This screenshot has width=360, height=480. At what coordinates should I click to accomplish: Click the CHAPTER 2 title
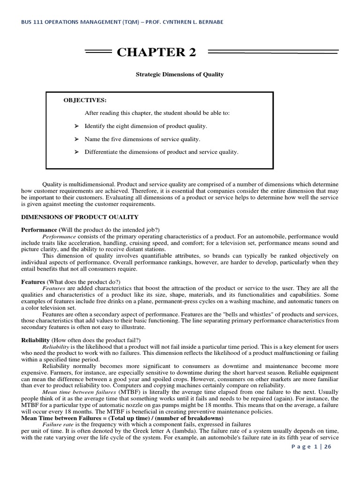click(x=157, y=52)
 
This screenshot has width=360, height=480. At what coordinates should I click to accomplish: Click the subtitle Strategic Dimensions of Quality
click(x=180, y=74)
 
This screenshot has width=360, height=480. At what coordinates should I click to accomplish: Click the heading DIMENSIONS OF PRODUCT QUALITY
click(x=80, y=217)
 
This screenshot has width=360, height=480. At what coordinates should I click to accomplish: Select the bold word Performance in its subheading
click(x=39, y=230)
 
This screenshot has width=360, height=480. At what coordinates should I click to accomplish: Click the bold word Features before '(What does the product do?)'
click(x=33, y=282)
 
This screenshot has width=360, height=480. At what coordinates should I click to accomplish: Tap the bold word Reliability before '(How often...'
click(x=35, y=340)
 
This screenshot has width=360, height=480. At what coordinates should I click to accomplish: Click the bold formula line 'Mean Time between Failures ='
click(x=122, y=418)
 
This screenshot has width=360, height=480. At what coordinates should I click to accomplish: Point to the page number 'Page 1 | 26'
click(x=311, y=447)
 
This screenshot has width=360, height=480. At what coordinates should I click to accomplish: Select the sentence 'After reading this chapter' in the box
click(x=157, y=113)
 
